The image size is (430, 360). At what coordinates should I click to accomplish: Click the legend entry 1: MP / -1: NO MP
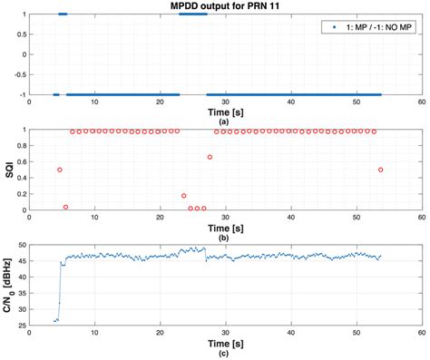371,28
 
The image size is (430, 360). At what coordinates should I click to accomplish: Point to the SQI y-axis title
9,170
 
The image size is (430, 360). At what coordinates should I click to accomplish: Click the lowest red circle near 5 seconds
65,208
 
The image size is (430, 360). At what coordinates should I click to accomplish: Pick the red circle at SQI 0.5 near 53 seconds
381,170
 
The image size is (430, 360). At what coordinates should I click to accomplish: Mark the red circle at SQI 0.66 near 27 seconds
210,157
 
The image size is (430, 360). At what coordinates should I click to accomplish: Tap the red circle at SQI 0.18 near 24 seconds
184,196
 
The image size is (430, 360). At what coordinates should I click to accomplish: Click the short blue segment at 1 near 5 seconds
63,14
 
